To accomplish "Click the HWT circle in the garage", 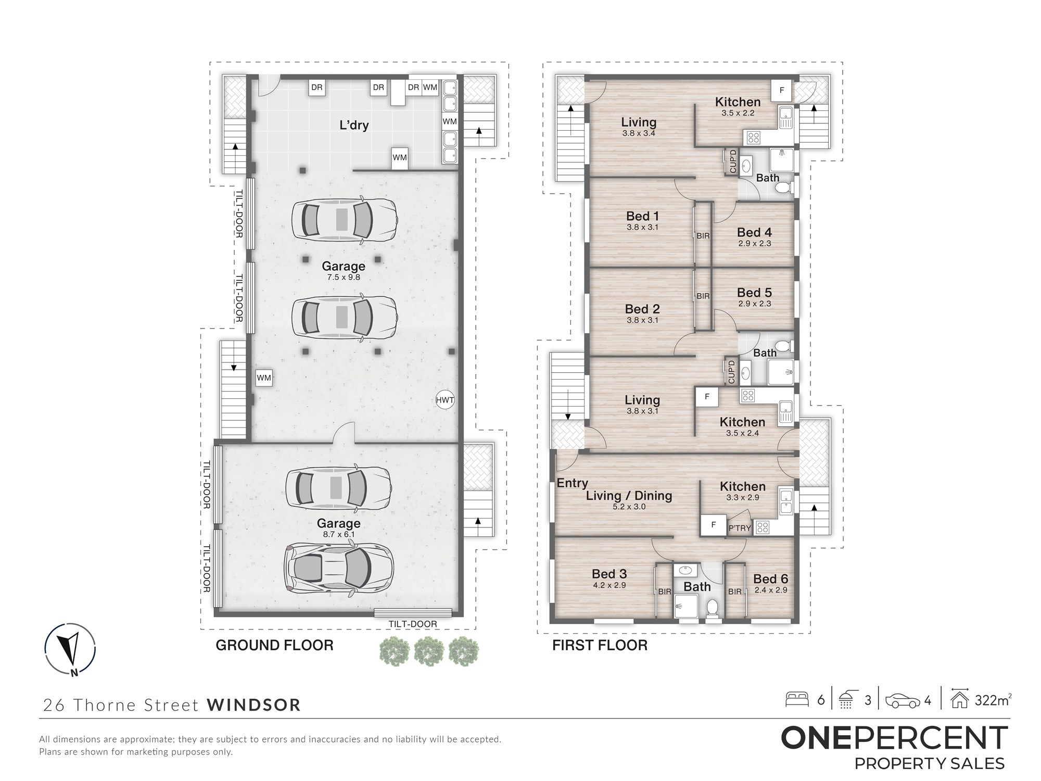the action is point(445,400).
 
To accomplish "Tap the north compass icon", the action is point(70,649).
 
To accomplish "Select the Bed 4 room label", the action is point(754,233).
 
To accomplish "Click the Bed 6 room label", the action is point(770,579).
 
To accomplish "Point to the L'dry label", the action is point(354,125).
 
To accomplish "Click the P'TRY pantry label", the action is point(739,528).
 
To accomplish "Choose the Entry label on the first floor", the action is point(572,483).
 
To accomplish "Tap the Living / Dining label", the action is point(629,496).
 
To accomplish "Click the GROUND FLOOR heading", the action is point(274,646).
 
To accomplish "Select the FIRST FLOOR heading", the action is point(600,646).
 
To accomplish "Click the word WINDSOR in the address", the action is point(254,705).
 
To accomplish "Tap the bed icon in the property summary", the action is point(797,699).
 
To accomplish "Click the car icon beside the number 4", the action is point(903,701).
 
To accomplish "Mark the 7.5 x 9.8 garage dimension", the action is point(344,278).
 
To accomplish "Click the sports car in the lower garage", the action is point(339,569).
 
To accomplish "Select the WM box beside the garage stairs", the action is point(264,378).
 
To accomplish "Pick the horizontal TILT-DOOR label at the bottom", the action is point(413,624).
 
